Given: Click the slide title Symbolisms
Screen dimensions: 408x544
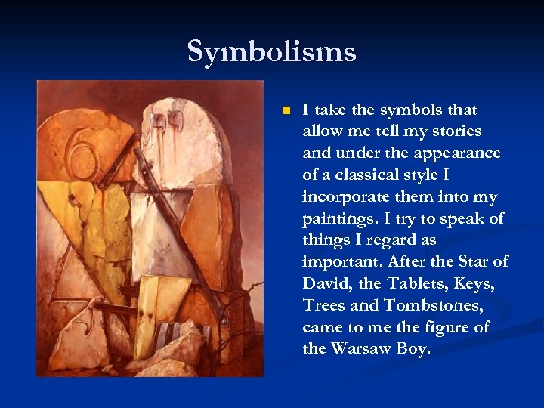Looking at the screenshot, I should coord(271,52).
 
